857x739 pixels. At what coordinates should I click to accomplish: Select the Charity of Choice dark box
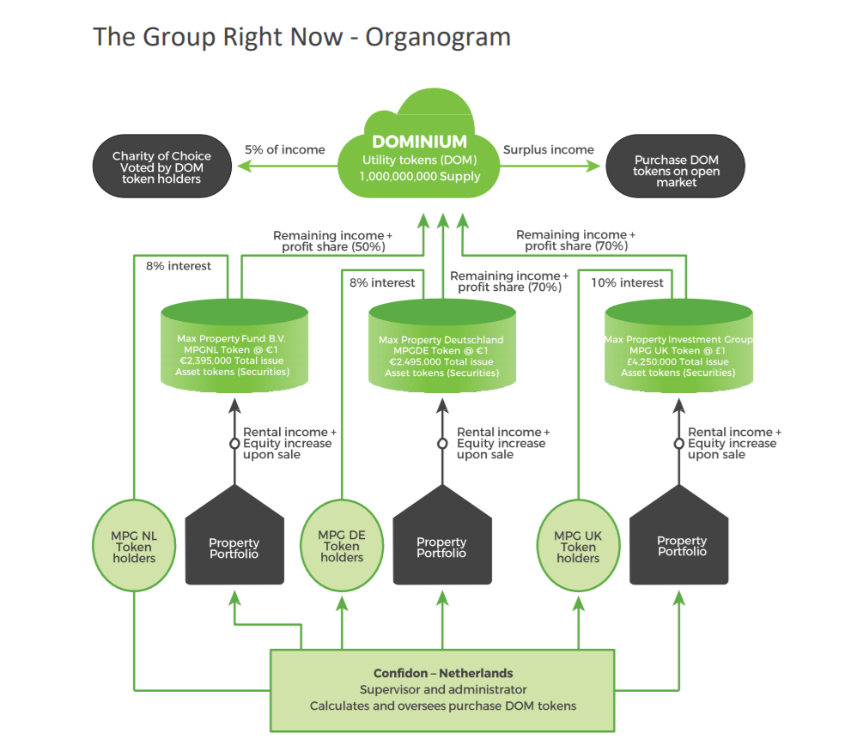[161, 167]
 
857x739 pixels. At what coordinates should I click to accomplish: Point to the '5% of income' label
[285, 149]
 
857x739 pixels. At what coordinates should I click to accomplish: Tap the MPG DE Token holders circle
[342, 547]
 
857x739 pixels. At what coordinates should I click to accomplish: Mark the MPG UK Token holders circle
[578, 547]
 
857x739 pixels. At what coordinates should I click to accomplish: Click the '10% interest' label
[627, 282]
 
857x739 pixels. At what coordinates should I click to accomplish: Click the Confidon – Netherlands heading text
[443, 673]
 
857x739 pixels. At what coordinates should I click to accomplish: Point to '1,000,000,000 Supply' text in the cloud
[421, 177]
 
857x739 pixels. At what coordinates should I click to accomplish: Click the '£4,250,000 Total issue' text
[678, 361]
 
